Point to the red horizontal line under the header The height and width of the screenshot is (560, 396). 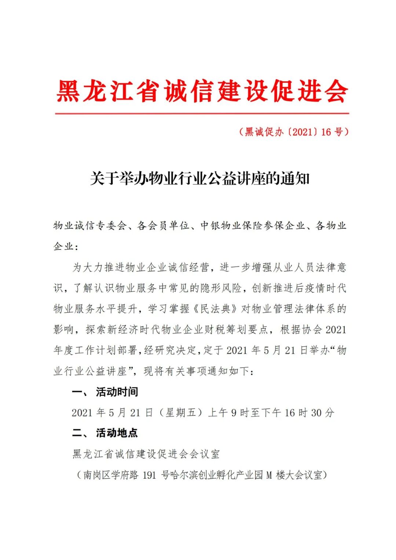[202, 113]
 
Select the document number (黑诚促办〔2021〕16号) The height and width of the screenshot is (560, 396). [293, 132]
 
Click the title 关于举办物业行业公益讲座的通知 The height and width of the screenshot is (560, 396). [200, 179]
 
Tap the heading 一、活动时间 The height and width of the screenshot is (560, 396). [105, 392]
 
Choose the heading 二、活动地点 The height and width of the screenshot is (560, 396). [105, 433]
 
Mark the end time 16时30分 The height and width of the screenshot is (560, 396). [309, 413]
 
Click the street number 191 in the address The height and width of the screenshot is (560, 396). [149, 475]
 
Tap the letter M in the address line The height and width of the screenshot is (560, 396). [269, 475]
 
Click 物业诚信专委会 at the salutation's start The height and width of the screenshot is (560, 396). [90, 226]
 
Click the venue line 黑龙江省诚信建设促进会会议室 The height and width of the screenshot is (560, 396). [146, 454]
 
